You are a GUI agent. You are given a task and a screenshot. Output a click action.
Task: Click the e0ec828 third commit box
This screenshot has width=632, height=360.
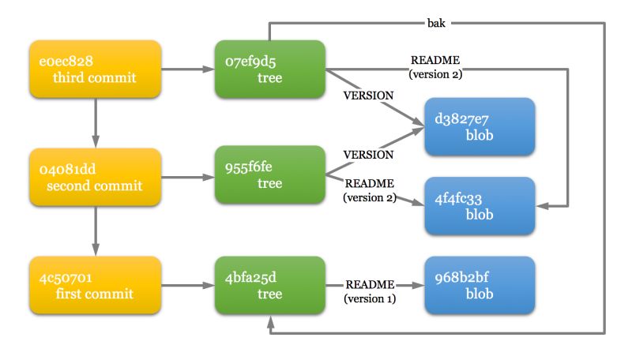(95, 69)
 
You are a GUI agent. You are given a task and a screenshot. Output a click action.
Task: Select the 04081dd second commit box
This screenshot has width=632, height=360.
(95, 176)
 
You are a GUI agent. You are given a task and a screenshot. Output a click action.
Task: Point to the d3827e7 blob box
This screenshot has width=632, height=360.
(480, 128)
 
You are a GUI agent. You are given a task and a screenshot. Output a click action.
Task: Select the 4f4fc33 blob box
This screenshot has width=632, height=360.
(480, 205)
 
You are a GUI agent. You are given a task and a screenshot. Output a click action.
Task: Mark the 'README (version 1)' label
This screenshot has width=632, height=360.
(369, 291)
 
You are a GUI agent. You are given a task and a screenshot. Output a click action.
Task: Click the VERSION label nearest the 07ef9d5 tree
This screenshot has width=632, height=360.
(367, 96)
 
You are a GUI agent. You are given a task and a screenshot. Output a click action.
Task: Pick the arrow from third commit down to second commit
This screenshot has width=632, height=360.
(95, 121)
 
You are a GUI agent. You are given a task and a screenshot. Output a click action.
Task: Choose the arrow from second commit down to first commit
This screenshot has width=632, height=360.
(95, 229)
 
